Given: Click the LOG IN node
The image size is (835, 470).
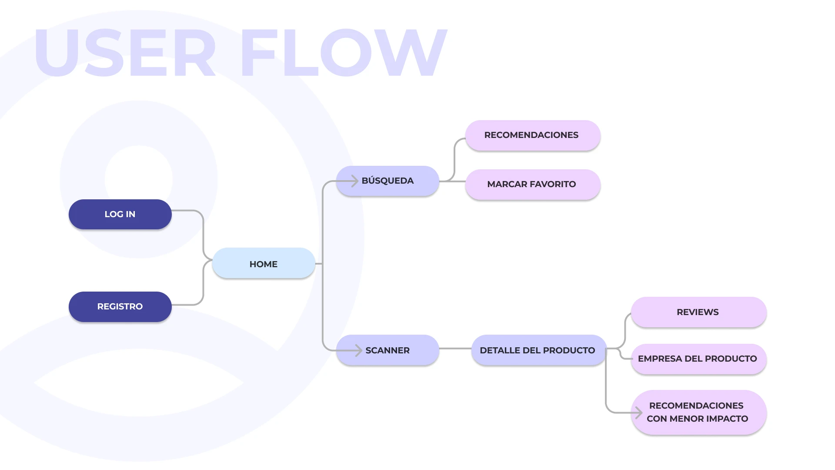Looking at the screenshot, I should tap(120, 214).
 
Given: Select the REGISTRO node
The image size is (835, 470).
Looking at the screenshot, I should tap(120, 306).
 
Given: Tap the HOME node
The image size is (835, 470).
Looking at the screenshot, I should tap(264, 263).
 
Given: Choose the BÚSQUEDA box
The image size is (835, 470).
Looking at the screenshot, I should tap(387, 181).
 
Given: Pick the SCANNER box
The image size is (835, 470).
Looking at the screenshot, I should tap(387, 350).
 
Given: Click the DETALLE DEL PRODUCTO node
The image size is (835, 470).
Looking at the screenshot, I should tap(538, 350).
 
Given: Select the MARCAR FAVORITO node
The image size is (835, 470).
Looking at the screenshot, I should tap(532, 185).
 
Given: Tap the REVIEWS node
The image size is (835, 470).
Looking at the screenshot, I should tap(698, 312).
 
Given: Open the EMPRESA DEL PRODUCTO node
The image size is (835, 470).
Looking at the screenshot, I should tap(698, 359).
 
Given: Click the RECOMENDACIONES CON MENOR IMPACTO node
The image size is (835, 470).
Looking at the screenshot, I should tap(698, 412).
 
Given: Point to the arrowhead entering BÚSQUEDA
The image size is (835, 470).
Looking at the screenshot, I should tap(355, 181).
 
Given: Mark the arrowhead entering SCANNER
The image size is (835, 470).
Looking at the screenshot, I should tap(358, 350).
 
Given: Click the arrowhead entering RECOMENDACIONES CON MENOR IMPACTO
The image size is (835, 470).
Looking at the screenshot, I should tap(638, 413).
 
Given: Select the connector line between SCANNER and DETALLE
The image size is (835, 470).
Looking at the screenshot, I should tap(455, 349).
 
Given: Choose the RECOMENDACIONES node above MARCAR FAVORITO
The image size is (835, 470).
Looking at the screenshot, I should tap(532, 135).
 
